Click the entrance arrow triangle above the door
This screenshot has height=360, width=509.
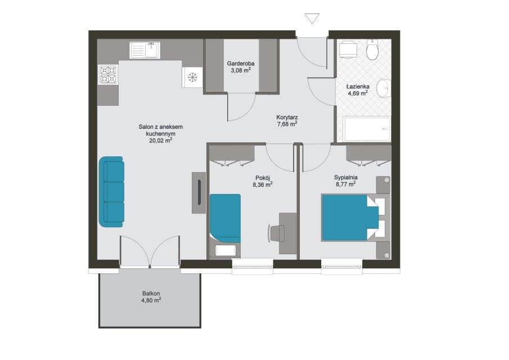(x=312, y=18)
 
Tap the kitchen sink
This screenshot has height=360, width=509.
(x=145, y=50)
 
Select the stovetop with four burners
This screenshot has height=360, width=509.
(x=108, y=75)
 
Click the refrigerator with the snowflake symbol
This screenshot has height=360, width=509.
(x=192, y=77)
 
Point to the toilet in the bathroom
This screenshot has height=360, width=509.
(x=372, y=49)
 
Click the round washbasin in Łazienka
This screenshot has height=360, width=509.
(x=384, y=87)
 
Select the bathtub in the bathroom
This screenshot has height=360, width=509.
(x=367, y=129)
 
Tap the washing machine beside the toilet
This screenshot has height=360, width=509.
(x=348, y=49)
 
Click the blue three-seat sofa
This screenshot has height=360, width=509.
(x=112, y=192)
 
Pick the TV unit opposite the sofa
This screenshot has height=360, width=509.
(x=199, y=192)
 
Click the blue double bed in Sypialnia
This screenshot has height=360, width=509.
(x=350, y=218)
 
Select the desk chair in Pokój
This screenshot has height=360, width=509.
(x=277, y=233)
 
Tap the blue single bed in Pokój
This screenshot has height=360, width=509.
(x=226, y=218)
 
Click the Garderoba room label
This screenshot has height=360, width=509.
(x=241, y=64)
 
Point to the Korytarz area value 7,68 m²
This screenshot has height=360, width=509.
(x=287, y=124)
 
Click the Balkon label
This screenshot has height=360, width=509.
(x=151, y=294)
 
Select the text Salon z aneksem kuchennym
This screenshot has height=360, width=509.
(x=161, y=130)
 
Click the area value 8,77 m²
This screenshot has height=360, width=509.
(x=346, y=184)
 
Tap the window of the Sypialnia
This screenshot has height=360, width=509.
(x=341, y=266)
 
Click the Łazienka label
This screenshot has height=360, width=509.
(x=358, y=87)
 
